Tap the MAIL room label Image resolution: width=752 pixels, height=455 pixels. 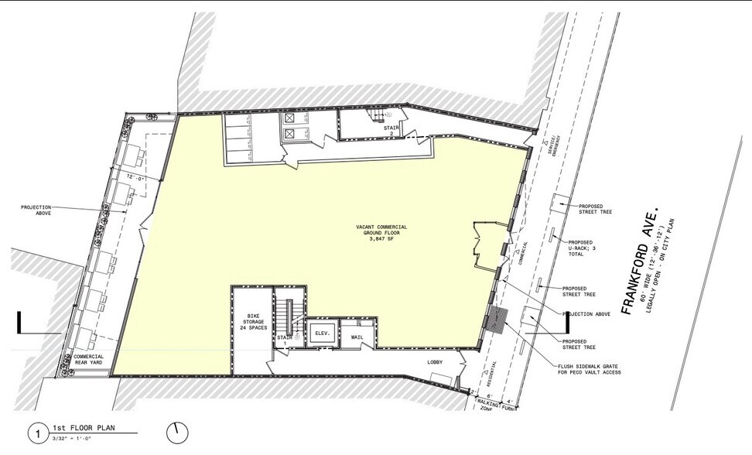pyautogui.click(x=357, y=337)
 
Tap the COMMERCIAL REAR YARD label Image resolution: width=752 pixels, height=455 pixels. pyautogui.click(x=88, y=359)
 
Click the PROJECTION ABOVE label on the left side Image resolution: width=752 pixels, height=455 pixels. pyautogui.click(x=36, y=210)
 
